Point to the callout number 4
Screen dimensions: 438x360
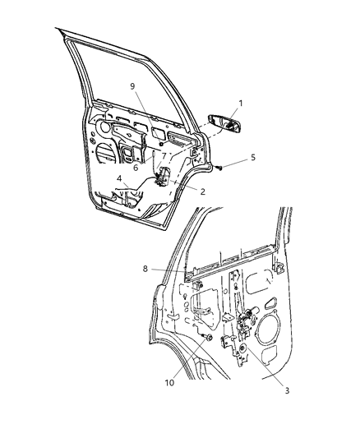pyautogui.click(x=119, y=176)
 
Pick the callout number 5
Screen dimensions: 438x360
pyautogui.click(x=253, y=157)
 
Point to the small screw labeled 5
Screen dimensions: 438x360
pyautogui.click(x=223, y=167)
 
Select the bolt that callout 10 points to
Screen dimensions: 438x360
pyautogui.click(x=206, y=338)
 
